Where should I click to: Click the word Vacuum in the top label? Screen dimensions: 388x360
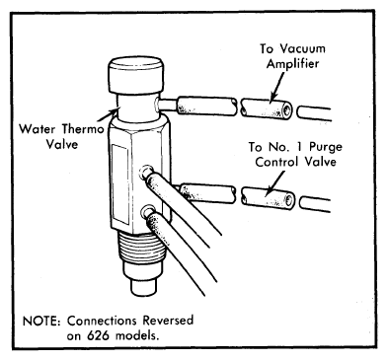(303, 48)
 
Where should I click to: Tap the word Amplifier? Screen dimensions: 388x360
(292, 63)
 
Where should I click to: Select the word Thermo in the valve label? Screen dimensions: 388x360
(83, 128)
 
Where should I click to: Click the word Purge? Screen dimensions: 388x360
(326, 147)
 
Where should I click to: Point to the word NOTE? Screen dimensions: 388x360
(41, 321)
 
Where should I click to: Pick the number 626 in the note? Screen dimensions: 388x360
(98, 335)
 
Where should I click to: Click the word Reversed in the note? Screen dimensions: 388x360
(168, 321)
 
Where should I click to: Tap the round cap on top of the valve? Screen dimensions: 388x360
(136, 75)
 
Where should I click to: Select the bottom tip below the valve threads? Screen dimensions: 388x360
(143, 287)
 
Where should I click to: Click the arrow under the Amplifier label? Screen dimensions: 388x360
(277, 87)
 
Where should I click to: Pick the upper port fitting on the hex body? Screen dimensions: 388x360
(145, 172)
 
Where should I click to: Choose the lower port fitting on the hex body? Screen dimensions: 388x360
(148, 212)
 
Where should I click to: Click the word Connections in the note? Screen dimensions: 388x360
(102, 321)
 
